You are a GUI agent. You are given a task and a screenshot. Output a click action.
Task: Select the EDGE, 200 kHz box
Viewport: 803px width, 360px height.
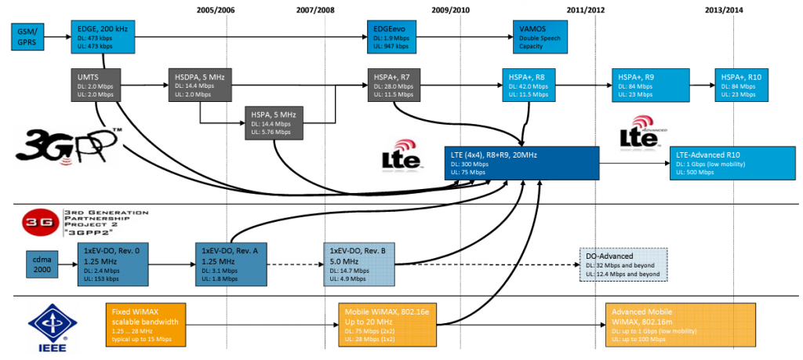[x=103, y=36]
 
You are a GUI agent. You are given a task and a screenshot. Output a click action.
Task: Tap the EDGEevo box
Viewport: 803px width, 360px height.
[x=399, y=36]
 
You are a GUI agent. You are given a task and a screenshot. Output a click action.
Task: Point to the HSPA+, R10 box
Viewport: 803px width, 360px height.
[x=741, y=85]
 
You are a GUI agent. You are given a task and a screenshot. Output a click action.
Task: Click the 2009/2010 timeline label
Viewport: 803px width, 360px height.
[x=450, y=9]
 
